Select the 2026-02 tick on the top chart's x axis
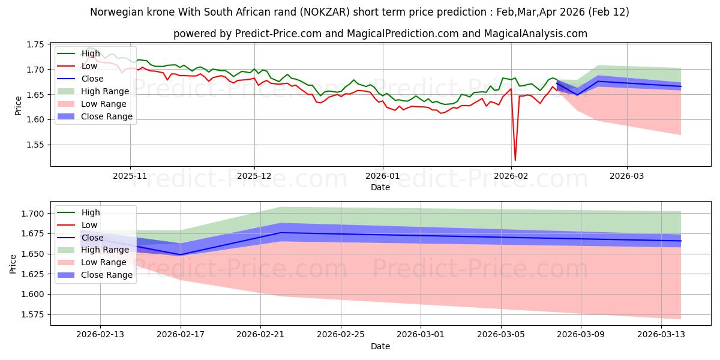tap(512, 176)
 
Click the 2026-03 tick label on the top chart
tap(627, 176)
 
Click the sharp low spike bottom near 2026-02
tap(515, 160)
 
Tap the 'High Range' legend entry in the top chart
tap(105, 91)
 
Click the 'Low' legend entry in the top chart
tap(91, 66)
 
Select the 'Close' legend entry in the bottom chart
tap(92, 238)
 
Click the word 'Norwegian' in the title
tap(114, 12)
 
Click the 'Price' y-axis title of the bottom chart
tap(13, 264)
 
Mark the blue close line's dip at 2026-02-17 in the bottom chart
tap(181, 254)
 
